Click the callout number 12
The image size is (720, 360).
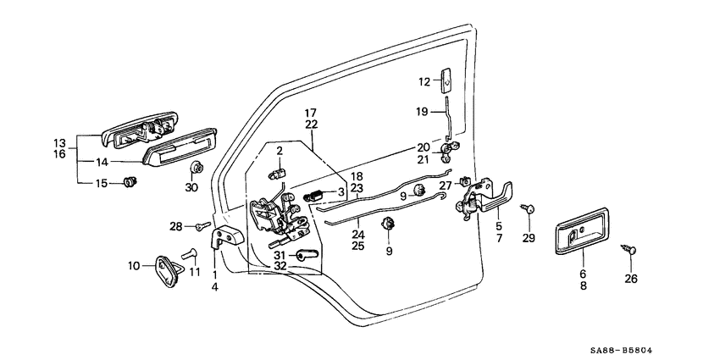(424, 81)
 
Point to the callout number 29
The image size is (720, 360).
(529, 239)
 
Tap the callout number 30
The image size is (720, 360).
(191, 186)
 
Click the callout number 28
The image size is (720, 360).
(175, 226)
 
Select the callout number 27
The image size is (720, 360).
(446, 186)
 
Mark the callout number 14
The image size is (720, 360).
(102, 161)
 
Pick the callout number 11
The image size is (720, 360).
(196, 272)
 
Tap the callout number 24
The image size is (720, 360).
(358, 235)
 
